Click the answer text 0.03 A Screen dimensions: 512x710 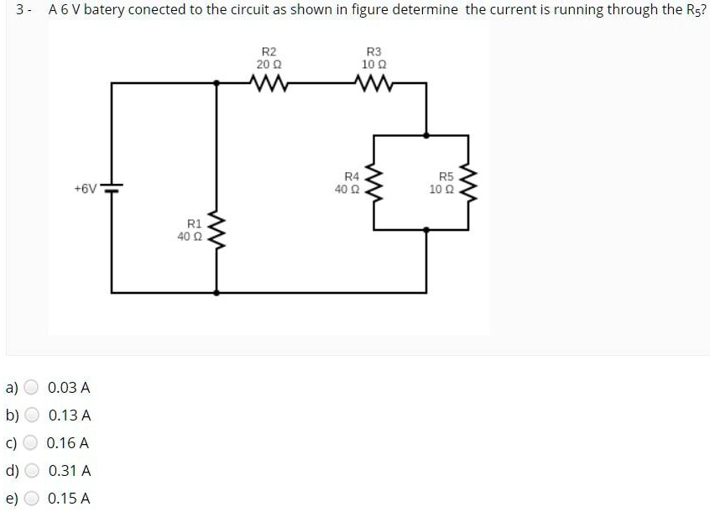click(x=69, y=388)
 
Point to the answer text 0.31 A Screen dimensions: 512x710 click(x=70, y=471)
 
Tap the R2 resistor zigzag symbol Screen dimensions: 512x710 click(x=270, y=82)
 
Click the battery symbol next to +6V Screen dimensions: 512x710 click(x=112, y=187)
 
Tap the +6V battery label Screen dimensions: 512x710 click(x=85, y=188)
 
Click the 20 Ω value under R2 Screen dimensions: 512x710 click(x=269, y=65)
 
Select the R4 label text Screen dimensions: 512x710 click(x=352, y=176)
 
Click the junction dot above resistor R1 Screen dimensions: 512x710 click(x=217, y=82)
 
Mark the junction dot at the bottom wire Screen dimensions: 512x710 click(x=217, y=293)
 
